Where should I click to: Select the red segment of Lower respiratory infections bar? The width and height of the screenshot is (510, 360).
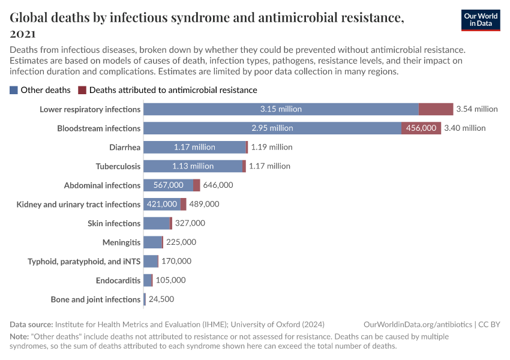coord(436,109)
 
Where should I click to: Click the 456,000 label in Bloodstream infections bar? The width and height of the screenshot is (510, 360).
coord(421,128)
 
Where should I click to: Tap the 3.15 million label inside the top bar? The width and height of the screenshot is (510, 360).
coord(281,109)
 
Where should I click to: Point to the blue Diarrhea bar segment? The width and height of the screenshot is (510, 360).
coord(194,147)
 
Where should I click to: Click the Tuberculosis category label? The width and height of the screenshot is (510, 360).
coord(118,166)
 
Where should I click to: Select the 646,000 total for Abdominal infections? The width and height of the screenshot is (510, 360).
coord(218,185)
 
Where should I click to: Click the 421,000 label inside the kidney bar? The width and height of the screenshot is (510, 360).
coord(162,204)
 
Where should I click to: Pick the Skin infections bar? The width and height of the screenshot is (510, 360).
coord(157,223)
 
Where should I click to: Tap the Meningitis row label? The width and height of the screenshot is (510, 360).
coord(121,242)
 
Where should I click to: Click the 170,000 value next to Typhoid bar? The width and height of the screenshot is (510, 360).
coord(176,261)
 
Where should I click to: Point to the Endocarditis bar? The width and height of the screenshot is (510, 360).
coord(148,280)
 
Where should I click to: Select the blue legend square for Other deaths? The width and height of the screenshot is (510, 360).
coord(14,90)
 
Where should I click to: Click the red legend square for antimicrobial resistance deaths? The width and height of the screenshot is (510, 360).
coord(82,90)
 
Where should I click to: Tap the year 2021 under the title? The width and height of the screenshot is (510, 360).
coord(23,34)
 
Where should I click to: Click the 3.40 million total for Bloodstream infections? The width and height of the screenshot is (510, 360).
coord(465,128)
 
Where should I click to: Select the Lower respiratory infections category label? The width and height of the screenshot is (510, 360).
coord(90,109)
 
